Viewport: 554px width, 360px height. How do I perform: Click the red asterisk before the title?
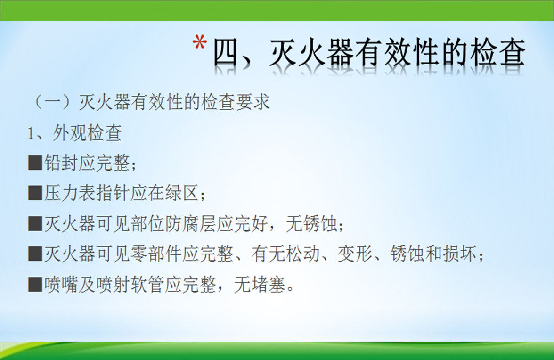[200, 43]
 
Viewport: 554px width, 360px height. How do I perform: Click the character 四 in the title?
[227, 53]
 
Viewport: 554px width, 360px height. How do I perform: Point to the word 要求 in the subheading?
[253, 102]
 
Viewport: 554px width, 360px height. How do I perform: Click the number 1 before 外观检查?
[31, 133]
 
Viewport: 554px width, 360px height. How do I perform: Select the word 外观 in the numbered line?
[70, 133]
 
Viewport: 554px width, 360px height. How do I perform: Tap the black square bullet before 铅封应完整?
[35, 163]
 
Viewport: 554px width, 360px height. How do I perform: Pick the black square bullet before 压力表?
[35, 193]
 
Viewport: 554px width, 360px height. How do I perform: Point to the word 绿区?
[182, 193]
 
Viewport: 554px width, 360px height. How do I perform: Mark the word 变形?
[354, 254]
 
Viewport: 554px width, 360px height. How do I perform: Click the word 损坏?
[459, 254]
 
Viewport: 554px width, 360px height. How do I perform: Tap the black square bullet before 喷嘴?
[35, 284]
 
